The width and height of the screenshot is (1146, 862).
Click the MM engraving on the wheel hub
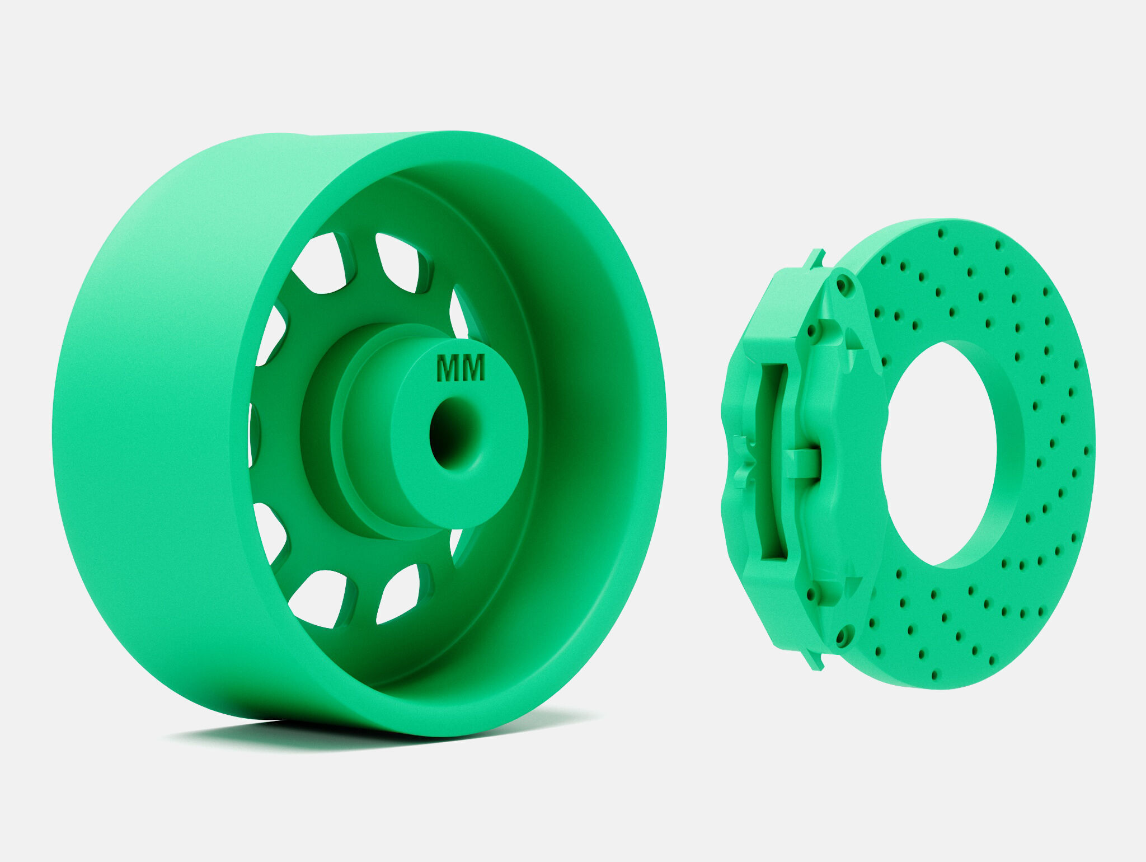coord(460,368)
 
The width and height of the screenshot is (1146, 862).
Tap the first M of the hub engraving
coord(447,369)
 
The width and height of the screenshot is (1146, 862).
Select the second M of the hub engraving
coord(473,368)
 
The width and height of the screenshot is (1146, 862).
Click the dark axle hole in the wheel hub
coord(451,434)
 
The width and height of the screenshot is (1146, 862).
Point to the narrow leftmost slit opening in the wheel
coord(253,434)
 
